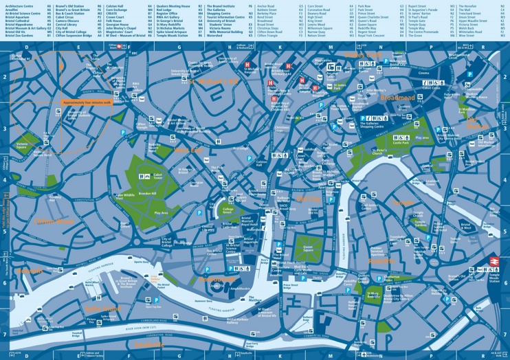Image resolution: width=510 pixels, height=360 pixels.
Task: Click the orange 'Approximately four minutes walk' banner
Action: coord(87,102)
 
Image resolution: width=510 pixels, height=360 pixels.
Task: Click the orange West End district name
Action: coord(188,149)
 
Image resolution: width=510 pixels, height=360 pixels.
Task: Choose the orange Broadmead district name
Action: coord(397,98)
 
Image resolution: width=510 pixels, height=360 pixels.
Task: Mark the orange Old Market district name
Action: coord(474,122)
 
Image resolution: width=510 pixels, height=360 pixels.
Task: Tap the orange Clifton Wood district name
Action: coord(54,221)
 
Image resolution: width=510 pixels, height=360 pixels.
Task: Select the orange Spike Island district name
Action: coord(103,308)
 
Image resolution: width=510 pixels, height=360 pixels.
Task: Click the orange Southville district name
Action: coord(149,344)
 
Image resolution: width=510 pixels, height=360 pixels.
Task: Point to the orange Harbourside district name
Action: coord(211,280)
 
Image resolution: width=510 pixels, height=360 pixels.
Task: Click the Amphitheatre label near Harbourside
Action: coord(240,289)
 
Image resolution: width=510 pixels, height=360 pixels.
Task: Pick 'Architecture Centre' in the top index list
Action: coord(20,5)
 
